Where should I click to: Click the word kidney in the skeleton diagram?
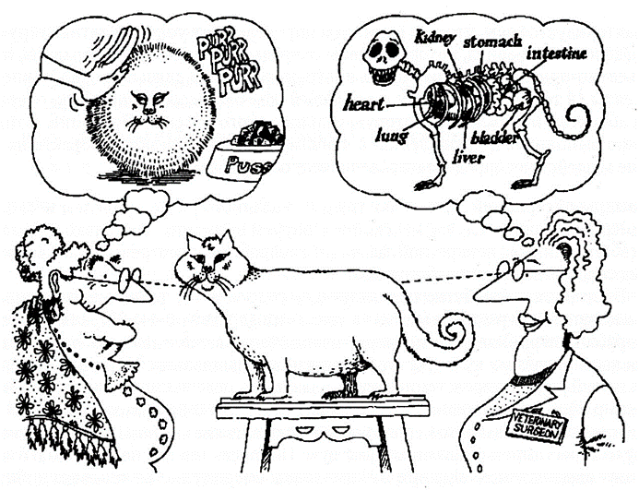(434, 39)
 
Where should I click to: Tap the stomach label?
(492, 42)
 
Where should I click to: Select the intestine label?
(556, 54)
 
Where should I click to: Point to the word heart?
(363, 104)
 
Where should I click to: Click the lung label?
(391, 135)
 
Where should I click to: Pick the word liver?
(467, 157)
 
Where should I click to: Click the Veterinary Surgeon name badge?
(537, 426)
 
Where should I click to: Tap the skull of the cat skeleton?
(383, 58)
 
